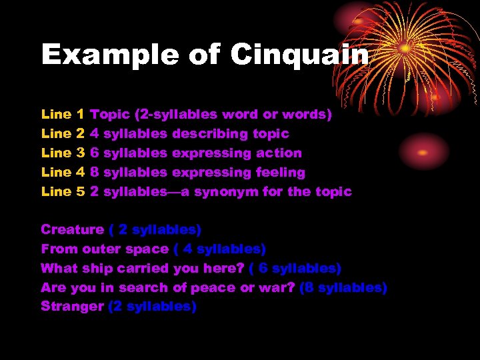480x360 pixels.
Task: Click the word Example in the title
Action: pos(107,55)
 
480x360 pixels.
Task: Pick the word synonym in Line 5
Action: pos(233,192)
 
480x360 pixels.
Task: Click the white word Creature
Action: pos(72,230)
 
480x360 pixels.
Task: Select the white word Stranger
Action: pos(72,307)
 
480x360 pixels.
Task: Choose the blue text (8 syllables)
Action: pos(343,288)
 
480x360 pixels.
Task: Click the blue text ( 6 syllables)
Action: pos(295,269)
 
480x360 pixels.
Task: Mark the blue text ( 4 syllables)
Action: pos(219,249)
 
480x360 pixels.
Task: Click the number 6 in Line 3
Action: pos(95,153)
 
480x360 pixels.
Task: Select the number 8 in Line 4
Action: pos(95,173)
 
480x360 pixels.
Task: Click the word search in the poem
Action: pos(148,288)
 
